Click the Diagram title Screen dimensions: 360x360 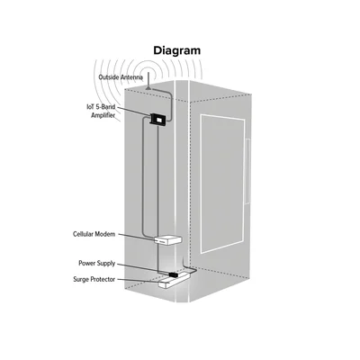[x=177, y=50]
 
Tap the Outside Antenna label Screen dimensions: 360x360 [x=121, y=77]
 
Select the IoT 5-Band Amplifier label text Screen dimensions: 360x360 [x=102, y=111]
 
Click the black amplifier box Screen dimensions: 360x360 [x=157, y=119]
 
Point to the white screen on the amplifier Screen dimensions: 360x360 [x=158, y=121]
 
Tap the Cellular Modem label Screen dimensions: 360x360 [x=94, y=234]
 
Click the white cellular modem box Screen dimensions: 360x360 [x=167, y=240]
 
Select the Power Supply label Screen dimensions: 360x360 [x=97, y=264]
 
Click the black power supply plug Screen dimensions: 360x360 [x=174, y=274]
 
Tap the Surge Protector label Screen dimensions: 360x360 [x=94, y=279]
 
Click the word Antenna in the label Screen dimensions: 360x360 [x=131, y=77]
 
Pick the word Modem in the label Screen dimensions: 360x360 [x=105, y=234]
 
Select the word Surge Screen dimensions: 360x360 [x=81, y=279]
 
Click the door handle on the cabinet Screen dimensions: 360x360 [x=247, y=171]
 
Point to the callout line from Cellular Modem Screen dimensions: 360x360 [x=136, y=237]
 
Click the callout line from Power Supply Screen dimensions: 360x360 [x=143, y=269]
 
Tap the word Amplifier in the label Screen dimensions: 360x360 [x=103, y=115]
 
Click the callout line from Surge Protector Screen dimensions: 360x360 [x=138, y=280]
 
